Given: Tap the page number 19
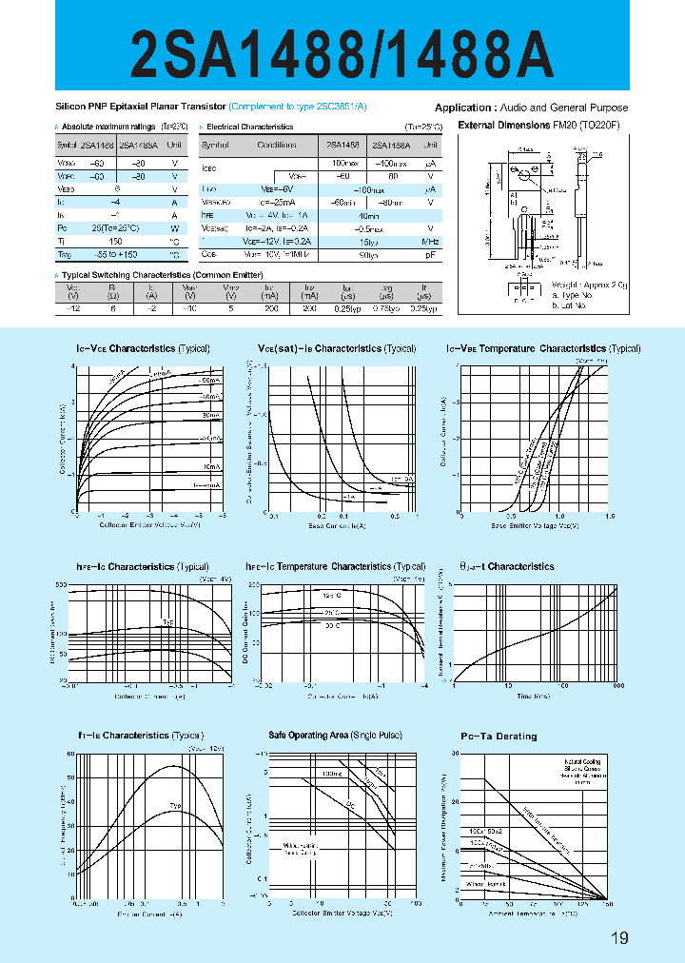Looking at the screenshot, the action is (619, 939).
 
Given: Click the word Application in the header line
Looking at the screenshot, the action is (464, 108).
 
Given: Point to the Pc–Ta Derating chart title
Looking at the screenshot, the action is (499, 737).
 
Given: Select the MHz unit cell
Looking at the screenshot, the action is (430, 242).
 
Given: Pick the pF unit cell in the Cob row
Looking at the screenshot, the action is (430, 255).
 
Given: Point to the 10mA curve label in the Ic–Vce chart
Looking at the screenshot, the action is (210, 466).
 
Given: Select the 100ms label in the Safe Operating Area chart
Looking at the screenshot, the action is (331, 774).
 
